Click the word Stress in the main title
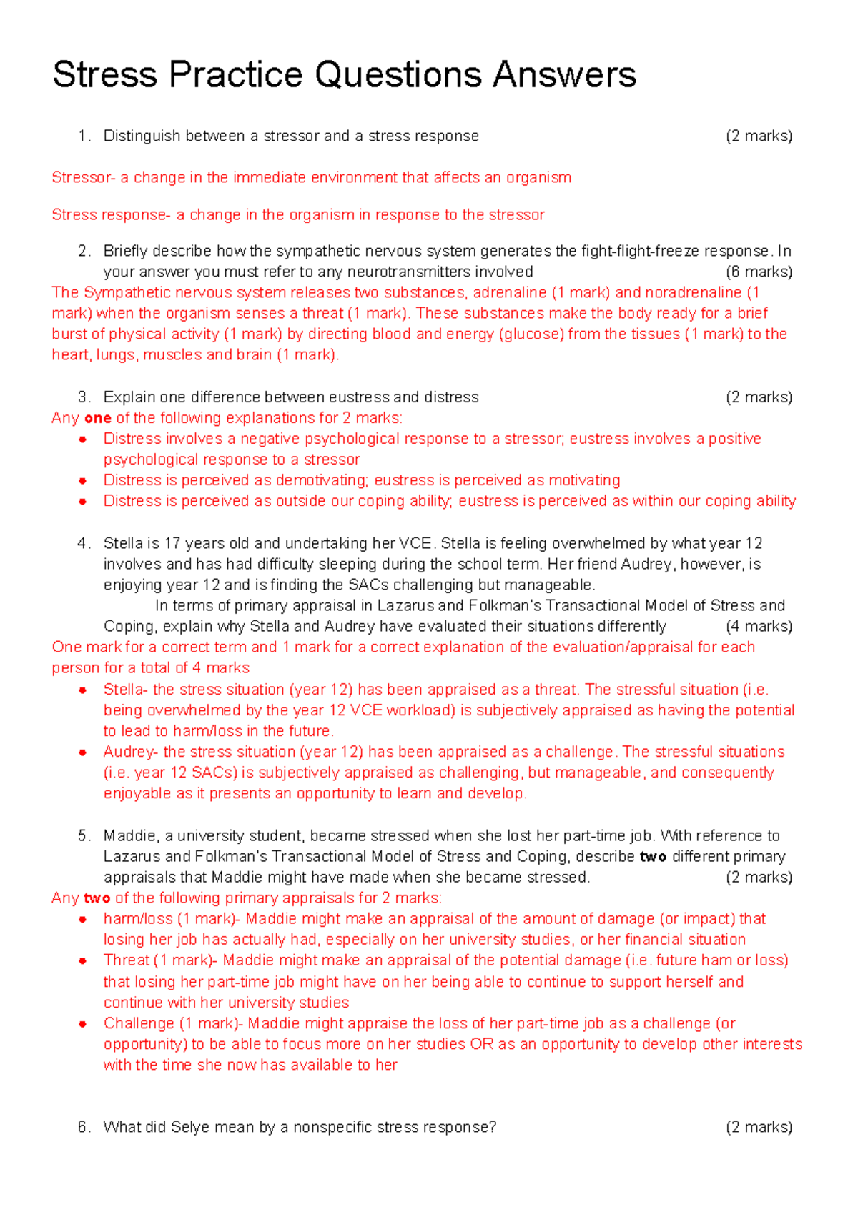(x=104, y=75)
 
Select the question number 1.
(x=84, y=136)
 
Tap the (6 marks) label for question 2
(x=759, y=272)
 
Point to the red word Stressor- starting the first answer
(x=83, y=177)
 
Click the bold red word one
(x=98, y=418)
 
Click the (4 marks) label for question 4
(x=759, y=626)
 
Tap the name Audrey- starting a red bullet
(x=130, y=752)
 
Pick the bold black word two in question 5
(x=653, y=856)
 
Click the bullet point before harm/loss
(x=83, y=919)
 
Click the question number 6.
(x=84, y=1127)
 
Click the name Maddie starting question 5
(x=129, y=835)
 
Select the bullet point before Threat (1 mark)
(x=83, y=960)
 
